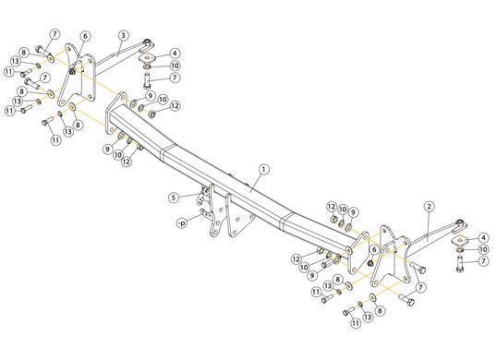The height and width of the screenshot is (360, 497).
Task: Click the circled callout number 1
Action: pos(263,170)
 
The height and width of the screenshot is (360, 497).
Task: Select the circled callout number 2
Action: pos(429,207)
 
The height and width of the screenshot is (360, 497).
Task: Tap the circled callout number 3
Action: pos(123,35)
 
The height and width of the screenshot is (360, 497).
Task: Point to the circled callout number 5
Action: pos(174,198)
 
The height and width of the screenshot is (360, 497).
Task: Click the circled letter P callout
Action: pos(182,224)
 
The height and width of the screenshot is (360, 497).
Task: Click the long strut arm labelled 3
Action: pos(119,58)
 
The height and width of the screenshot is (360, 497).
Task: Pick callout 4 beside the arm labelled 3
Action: pos(175,54)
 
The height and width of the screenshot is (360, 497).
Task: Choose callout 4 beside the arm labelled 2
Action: pos(483,237)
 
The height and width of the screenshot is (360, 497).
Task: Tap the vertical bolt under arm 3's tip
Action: pos(147,80)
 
